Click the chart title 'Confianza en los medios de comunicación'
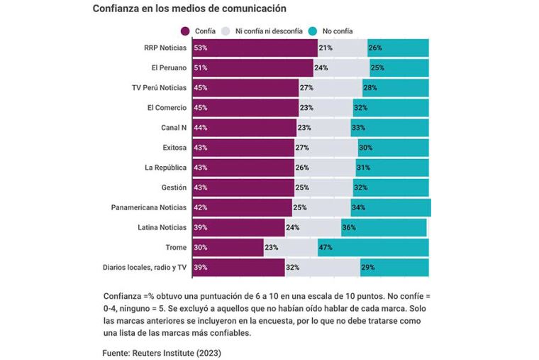point(189,9)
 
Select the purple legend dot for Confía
point(186,31)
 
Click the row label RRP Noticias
point(165,48)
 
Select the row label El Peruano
point(169,67)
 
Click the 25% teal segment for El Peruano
point(399,67)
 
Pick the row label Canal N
point(174,128)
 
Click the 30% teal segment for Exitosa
point(393,148)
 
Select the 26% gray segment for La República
point(325,168)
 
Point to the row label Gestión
point(174,187)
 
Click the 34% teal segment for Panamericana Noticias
point(390,207)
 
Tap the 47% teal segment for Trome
point(373,247)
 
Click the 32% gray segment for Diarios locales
point(322,268)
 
